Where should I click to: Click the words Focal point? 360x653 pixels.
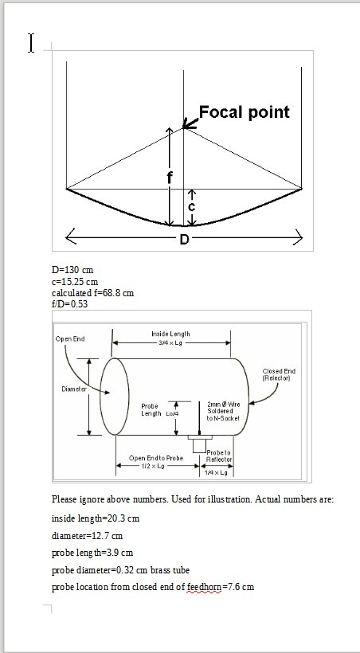coord(245,112)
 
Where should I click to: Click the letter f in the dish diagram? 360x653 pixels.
coord(170,177)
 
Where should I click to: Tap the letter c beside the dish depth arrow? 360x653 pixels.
coord(191,206)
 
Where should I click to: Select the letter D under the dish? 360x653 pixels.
coord(184,240)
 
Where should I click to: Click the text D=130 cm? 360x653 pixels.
coord(72,270)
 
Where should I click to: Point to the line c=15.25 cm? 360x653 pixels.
coord(75,282)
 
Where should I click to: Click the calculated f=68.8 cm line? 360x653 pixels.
coord(93,293)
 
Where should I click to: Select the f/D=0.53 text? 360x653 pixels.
coord(69,303)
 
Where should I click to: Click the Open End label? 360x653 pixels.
coord(70,339)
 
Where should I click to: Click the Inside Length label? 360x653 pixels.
coord(170,334)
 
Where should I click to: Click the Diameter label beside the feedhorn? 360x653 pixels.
coord(74,389)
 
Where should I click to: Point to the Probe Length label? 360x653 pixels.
coord(151,410)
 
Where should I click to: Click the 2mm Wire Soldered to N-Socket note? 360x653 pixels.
coord(223,411)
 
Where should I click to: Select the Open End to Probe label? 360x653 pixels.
coord(156,458)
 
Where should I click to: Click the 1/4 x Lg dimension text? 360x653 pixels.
coord(216,473)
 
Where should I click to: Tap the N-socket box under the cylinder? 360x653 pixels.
coord(200,444)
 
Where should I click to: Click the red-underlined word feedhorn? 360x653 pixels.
coord(204,587)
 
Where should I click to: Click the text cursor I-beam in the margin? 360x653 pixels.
coord(31,43)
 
